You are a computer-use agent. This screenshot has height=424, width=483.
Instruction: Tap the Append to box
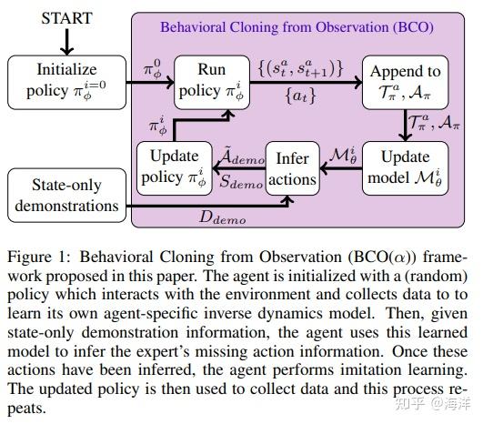[x=402, y=78]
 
